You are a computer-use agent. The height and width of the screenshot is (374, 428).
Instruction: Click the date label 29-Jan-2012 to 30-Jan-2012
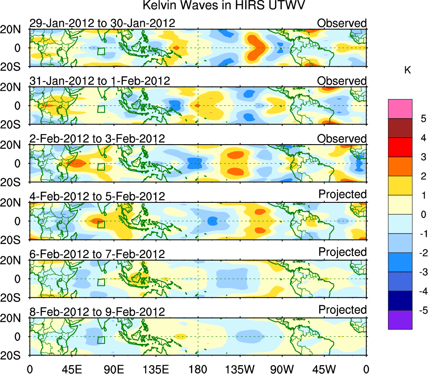click(x=102, y=23)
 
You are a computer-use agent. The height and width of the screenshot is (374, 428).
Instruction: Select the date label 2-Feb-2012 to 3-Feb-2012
click(x=97, y=139)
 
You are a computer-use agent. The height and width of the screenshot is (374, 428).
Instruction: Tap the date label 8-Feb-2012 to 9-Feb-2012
click(x=97, y=312)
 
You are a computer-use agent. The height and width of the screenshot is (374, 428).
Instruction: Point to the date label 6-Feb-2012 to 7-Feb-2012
click(x=97, y=254)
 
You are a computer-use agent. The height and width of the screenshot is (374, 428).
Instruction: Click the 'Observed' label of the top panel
click(x=342, y=23)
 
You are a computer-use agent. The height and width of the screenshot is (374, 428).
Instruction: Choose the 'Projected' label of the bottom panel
click(x=342, y=310)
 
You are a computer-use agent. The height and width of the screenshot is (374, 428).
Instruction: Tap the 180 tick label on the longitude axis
click(x=198, y=369)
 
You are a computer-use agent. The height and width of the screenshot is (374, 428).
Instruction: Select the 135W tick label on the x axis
click(x=240, y=369)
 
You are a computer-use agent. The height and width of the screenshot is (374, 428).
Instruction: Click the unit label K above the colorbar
click(x=408, y=70)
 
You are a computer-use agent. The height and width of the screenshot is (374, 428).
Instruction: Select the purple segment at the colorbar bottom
click(x=400, y=320)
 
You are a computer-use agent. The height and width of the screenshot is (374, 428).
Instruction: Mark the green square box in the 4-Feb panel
click(x=101, y=224)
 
